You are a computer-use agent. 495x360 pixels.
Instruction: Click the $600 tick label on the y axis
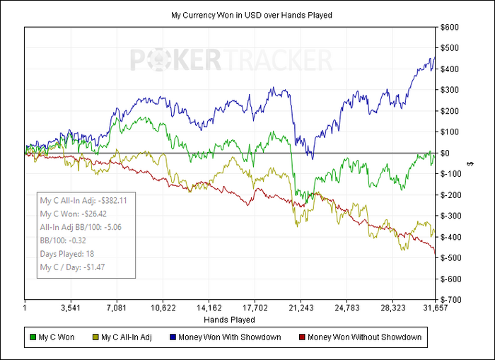click(449, 28)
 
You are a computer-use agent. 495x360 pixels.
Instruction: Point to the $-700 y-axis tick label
click(450, 300)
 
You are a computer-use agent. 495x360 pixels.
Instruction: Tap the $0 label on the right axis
click(445, 153)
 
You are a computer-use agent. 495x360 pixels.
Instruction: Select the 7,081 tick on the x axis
click(117, 308)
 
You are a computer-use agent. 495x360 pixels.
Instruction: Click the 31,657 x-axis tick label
click(433, 308)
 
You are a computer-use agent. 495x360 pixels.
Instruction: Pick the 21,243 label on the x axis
click(301, 308)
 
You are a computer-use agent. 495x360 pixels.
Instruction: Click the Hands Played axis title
click(228, 320)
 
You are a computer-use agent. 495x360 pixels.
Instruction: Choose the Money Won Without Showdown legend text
click(364, 337)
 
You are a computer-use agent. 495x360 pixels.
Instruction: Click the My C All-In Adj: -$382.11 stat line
click(84, 200)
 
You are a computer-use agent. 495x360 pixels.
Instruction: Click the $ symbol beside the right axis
click(470, 163)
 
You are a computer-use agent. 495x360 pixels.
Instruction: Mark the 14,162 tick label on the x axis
click(209, 308)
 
